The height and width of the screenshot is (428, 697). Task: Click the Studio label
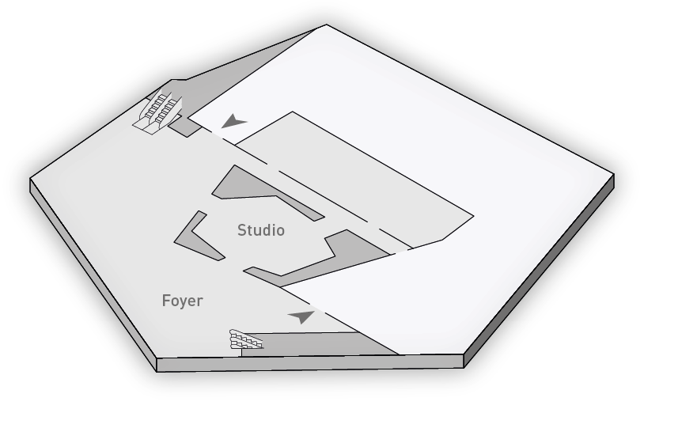pyautogui.click(x=261, y=230)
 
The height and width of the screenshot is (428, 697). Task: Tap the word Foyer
pyautogui.click(x=182, y=301)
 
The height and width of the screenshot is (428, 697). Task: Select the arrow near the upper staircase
pyautogui.click(x=233, y=121)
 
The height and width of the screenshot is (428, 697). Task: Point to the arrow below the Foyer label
pyautogui.click(x=302, y=316)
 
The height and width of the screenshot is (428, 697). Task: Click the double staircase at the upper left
pyautogui.click(x=158, y=112)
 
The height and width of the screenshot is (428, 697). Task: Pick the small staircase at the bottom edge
pyautogui.click(x=246, y=339)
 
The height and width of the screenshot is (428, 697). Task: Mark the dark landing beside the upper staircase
pyautogui.click(x=184, y=127)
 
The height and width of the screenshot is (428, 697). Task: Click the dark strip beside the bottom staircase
pyautogui.click(x=320, y=344)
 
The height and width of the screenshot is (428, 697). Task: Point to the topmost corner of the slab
pyautogui.click(x=326, y=25)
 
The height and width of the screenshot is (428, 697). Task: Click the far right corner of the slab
pyautogui.click(x=614, y=174)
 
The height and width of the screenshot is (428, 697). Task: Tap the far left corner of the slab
pyautogui.click(x=30, y=179)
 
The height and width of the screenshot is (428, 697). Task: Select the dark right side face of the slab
pyautogui.click(x=539, y=272)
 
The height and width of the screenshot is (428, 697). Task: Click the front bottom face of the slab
pyautogui.click(x=310, y=363)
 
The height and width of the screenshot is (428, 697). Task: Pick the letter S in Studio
pyautogui.click(x=242, y=230)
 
